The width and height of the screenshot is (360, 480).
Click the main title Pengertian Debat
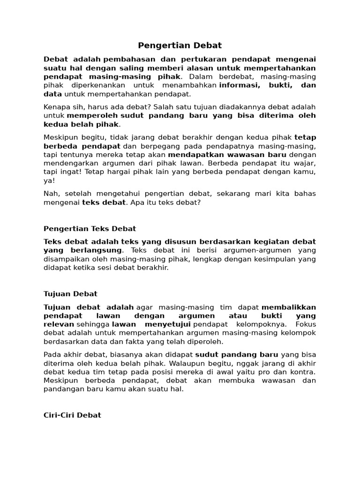[x=180, y=45]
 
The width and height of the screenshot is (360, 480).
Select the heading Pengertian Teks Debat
[x=90, y=229]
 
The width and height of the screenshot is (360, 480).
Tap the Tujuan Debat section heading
[x=70, y=294]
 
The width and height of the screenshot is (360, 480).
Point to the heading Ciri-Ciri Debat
[x=72, y=415]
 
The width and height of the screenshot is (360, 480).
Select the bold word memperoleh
[x=92, y=115]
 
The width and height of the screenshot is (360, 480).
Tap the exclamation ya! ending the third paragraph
[x=49, y=180]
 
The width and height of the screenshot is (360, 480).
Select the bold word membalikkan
[x=289, y=307]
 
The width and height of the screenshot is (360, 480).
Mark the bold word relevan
[x=59, y=324]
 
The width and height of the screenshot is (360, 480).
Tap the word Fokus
[x=306, y=324]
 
